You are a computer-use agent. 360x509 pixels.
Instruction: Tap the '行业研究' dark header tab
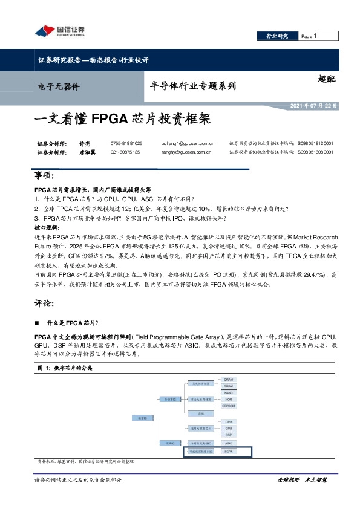point(278,36)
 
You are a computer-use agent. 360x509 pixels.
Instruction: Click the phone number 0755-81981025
point(126,143)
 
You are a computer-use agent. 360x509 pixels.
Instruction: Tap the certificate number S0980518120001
point(315,143)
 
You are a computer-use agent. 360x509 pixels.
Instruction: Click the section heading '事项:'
point(46,175)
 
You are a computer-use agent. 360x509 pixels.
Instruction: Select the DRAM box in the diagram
point(229,380)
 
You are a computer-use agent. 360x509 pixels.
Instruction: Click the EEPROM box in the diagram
point(229,405)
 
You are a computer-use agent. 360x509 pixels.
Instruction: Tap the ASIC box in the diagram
point(229,443)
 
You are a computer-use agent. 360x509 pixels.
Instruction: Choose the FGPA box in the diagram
point(229,452)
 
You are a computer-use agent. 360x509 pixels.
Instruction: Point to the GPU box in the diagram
point(229,428)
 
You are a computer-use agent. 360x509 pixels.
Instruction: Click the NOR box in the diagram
point(229,399)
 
